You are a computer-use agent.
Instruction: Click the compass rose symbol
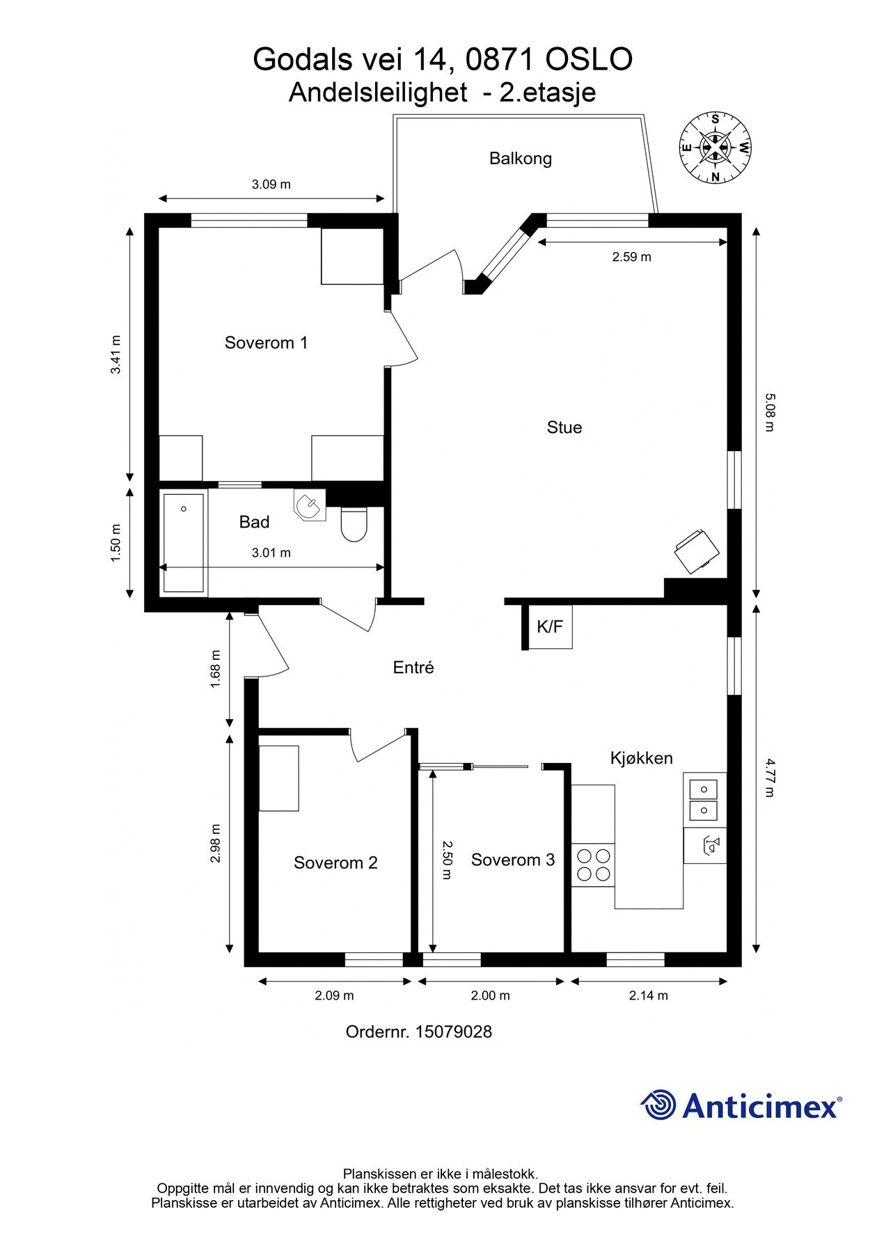[x=715, y=148]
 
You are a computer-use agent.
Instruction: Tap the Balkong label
[x=520, y=159]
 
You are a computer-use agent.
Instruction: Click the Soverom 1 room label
[x=266, y=342]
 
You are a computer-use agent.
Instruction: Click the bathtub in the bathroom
[x=184, y=543]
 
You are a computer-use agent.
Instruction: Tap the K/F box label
[x=549, y=627]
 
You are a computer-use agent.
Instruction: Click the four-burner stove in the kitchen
[x=594, y=865]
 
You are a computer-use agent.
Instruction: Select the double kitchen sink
[x=704, y=800]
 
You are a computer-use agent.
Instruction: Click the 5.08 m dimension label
[x=769, y=412]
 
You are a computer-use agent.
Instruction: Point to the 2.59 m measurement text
[x=631, y=257]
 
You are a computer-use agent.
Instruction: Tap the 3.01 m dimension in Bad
[x=271, y=553]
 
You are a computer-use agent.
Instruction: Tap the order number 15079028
[x=453, y=1032]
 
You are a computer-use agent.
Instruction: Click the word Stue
[x=564, y=427]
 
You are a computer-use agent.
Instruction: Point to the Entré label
[x=413, y=668]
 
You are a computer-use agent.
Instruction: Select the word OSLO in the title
[x=589, y=60]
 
